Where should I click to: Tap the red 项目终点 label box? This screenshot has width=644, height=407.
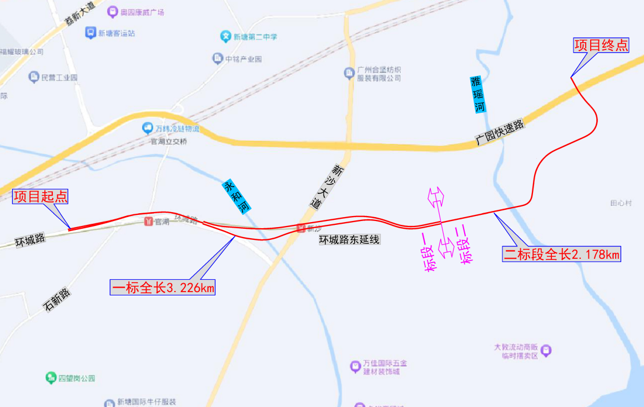pos(601,45)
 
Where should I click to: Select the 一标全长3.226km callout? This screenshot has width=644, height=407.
pos(163,287)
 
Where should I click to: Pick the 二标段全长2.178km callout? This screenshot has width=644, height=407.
pos(561,254)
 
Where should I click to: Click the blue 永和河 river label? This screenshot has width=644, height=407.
pos(237,196)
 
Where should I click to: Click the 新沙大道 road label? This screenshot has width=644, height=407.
pos(326,186)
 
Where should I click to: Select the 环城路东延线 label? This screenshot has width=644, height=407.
pos(349,240)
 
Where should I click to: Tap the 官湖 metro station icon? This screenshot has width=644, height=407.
pos(148,222)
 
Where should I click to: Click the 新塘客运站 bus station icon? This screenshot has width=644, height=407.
pos(90,33)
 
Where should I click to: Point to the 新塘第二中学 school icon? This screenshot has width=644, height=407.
pos(225,37)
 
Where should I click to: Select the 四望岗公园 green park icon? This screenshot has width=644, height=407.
pos(51,378)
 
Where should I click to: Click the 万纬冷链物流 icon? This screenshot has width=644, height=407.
pos(148,128)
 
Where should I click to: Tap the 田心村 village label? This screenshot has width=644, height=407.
pos(621,203)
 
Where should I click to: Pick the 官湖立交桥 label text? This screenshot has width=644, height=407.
pos(169,142)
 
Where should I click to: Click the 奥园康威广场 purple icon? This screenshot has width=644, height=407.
pos(113,12)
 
